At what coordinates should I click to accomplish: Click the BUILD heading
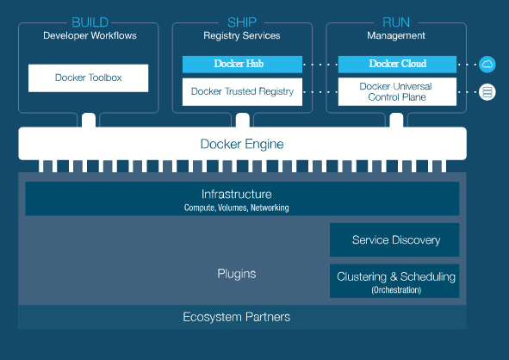[90, 22]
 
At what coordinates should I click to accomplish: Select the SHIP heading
[242, 22]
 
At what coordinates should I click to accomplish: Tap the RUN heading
[396, 22]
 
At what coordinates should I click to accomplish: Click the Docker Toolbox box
[89, 78]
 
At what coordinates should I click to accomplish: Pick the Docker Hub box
[242, 64]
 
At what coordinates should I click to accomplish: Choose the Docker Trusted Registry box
[242, 92]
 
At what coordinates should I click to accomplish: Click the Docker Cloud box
[397, 64]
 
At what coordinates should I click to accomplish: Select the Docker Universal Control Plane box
[397, 91]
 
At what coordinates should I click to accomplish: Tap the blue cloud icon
[487, 65]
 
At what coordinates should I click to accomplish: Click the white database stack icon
[487, 92]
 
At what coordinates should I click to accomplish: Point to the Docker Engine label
[242, 144]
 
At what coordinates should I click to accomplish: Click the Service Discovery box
[394, 240]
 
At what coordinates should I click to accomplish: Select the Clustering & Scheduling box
[394, 281]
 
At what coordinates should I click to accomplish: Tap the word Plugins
[237, 274]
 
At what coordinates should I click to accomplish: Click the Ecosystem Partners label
[236, 317]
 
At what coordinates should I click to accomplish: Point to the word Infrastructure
[236, 194]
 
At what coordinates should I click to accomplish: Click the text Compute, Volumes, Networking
[236, 208]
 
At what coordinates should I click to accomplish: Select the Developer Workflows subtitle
[90, 35]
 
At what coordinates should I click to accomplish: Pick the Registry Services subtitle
[242, 35]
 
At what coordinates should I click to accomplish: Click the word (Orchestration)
[396, 290]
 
